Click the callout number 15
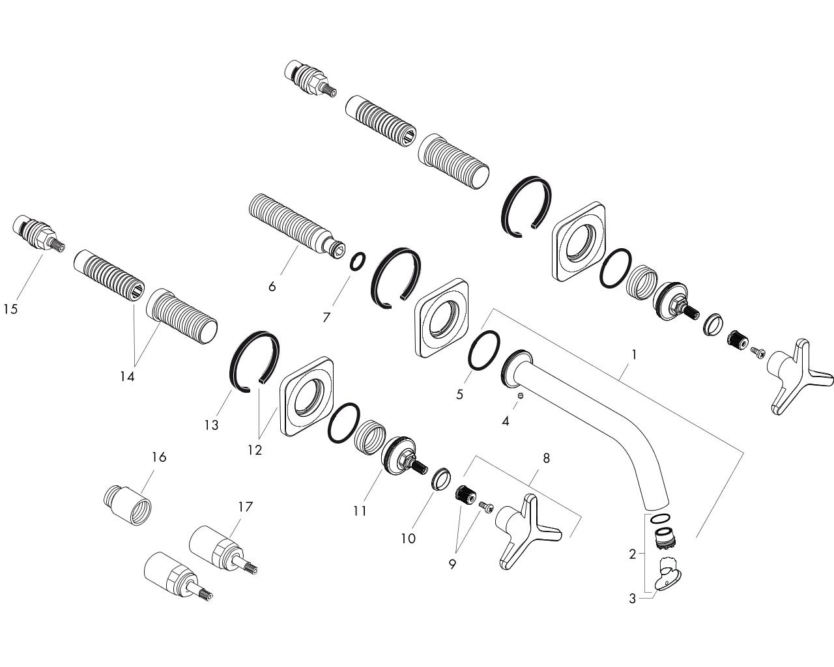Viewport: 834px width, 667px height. click(x=11, y=309)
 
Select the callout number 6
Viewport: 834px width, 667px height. click(x=272, y=287)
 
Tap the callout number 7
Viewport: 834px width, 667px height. click(x=326, y=318)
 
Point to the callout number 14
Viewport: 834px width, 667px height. click(x=127, y=376)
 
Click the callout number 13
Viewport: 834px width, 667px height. click(x=212, y=425)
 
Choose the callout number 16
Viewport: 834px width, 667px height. click(x=159, y=457)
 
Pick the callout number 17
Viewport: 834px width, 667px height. click(x=246, y=507)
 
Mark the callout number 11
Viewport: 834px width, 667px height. click(x=360, y=511)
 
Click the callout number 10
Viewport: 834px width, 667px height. click(x=408, y=538)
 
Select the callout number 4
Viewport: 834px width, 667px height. click(x=506, y=421)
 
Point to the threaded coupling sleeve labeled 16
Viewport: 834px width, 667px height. click(x=128, y=505)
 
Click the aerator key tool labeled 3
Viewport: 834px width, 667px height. click(x=667, y=578)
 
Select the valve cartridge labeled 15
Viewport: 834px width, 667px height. click(x=38, y=233)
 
